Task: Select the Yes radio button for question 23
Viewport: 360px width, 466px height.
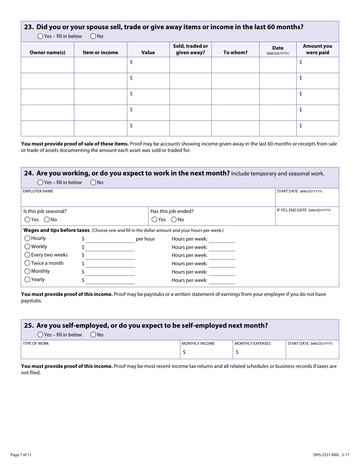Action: [40, 36]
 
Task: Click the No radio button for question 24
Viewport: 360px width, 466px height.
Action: [93, 183]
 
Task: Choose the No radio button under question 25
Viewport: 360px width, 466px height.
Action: [93, 335]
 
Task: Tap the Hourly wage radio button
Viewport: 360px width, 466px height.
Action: [27, 238]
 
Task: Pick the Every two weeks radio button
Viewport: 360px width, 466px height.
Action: [27, 255]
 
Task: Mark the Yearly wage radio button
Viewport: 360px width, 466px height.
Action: [27, 280]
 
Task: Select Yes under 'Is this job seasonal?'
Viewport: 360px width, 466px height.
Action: [27, 220]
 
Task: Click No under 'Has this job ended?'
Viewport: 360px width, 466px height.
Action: [174, 220]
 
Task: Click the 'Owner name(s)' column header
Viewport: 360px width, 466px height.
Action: [47, 53]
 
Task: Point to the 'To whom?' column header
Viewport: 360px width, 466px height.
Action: [235, 53]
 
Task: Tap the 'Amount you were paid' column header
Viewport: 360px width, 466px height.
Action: [318, 49]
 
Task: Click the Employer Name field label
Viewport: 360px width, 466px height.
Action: [38, 191]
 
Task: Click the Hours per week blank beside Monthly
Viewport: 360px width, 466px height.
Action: [222, 272]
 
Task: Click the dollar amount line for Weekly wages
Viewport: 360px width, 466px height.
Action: [110, 247]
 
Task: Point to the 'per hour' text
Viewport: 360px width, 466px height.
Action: [145, 239]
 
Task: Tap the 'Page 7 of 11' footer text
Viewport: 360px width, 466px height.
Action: [21, 455]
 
